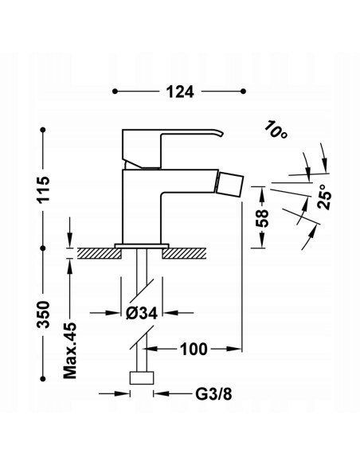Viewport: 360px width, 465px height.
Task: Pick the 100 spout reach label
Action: click(193, 348)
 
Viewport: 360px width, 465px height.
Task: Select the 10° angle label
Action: click(276, 130)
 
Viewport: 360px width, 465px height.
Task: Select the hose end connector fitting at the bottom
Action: click(143, 377)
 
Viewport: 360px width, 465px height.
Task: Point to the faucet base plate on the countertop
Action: click(143, 245)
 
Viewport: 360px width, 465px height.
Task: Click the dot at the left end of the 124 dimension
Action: click(117, 92)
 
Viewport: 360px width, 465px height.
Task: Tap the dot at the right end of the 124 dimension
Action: click(242, 92)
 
